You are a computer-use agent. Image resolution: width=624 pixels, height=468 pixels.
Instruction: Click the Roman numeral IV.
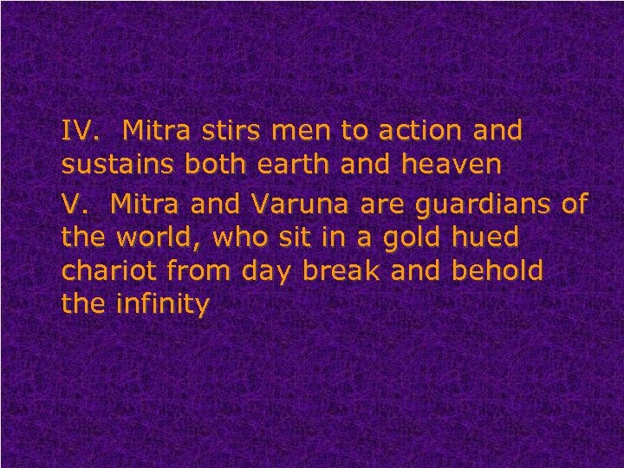(77, 131)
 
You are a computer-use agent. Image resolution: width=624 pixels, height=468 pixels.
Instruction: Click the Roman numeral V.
(72, 205)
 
